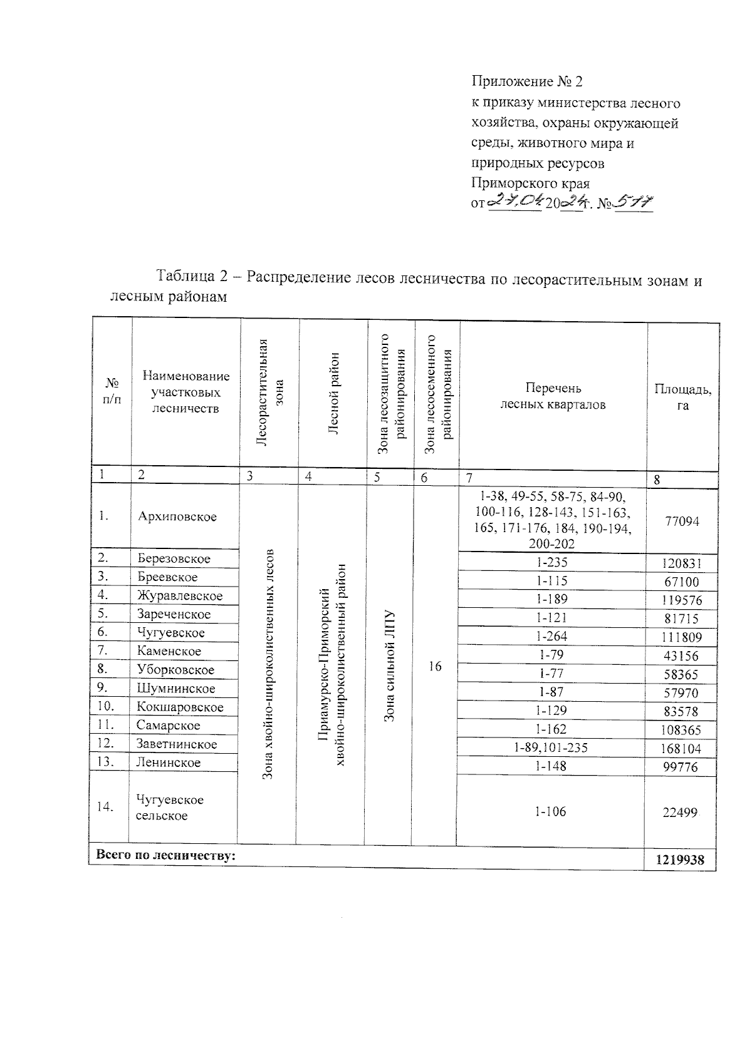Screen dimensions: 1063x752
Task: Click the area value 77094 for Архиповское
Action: (682, 521)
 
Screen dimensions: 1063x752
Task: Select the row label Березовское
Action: (174, 558)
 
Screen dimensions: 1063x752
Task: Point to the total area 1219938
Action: (680, 860)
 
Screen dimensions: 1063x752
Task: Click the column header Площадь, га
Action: (682, 397)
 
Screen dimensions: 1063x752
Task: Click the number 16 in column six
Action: (435, 667)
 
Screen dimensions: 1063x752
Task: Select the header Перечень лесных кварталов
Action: (553, 396)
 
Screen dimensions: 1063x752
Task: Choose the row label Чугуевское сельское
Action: (169, 808)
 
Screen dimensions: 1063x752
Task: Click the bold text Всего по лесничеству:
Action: (165, 855)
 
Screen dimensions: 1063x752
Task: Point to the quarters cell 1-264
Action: (551, 636)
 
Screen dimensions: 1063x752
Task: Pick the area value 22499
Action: (680, 812)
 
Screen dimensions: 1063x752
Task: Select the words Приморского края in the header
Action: (530, 184)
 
